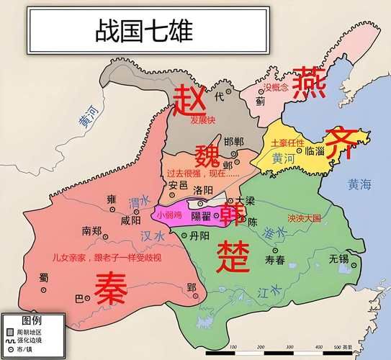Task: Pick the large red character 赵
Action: point(190,101)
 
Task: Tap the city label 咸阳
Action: point(131,221)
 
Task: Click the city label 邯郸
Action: point(234,141)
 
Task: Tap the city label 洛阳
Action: point(203,189)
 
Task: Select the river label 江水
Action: point(269,292)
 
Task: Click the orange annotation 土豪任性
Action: point(287,143)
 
